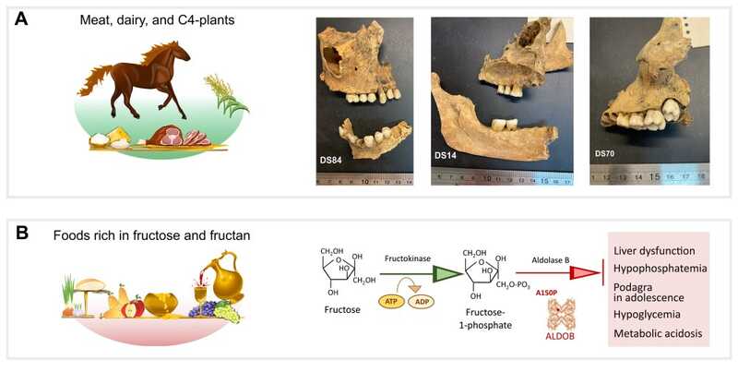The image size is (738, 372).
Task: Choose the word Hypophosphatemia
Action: click(658, 269)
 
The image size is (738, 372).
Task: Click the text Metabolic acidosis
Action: click(658, 332)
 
